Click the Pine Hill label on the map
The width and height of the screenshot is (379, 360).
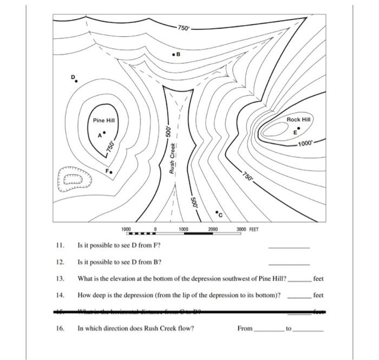click(x=103, y=120)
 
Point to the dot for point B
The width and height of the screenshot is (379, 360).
click(x=173, y=55)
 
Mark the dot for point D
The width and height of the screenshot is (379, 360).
click(x=76, y=81)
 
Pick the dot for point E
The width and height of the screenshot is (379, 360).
click(x=299, y=128)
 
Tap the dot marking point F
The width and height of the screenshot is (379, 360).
click(x=112, y=172)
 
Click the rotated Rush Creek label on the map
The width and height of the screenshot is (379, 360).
click(x=173, y=158)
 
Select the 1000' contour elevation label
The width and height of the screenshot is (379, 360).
click(x=305, y=143)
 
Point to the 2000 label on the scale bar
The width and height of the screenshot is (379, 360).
click(x=212, y=230)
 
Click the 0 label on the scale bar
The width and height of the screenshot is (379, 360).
click(x=156, y=230)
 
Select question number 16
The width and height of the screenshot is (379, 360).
click(x=60, y=328)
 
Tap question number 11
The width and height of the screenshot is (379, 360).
click(x=60, y=245)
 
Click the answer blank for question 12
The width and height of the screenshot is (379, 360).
click(x=290, y=264)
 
